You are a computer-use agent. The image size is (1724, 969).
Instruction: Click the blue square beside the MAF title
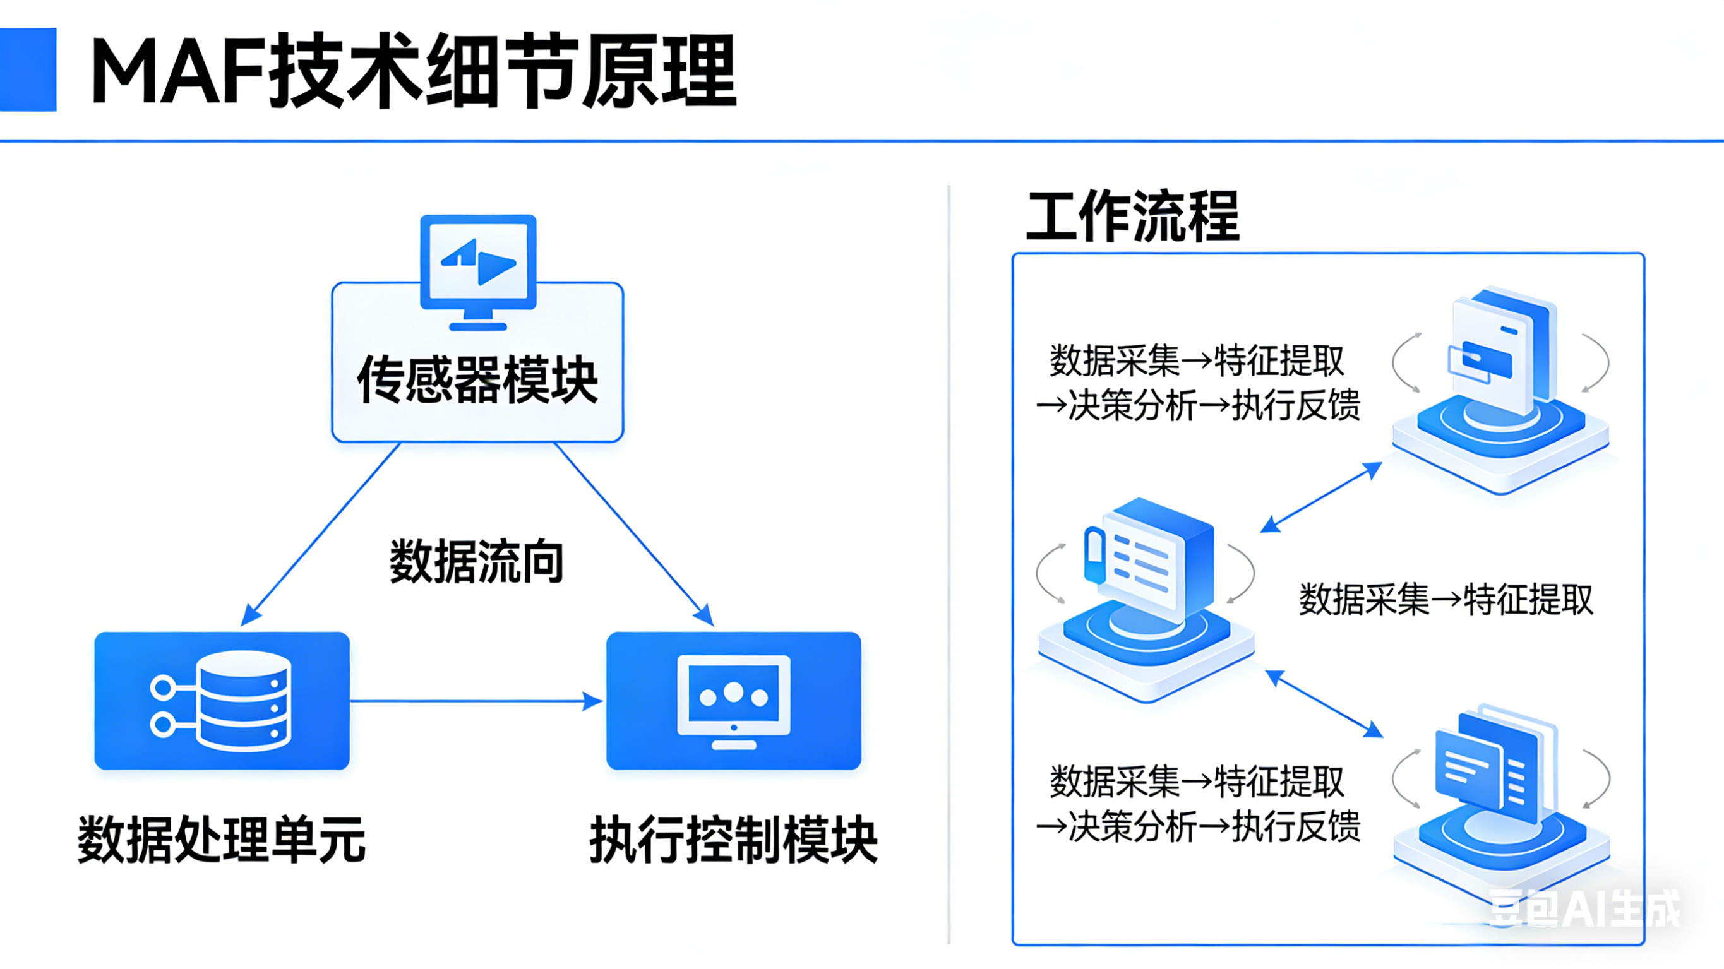pos(28,69)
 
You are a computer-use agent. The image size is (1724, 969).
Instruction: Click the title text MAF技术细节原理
pos(413,71)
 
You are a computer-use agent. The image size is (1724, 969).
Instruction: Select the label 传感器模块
pos(477,379)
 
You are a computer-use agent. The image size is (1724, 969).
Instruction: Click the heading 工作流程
pos(1132,217)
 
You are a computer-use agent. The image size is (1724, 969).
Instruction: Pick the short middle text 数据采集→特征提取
pos(1446,599)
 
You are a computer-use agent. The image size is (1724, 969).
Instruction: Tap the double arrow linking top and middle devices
pos(1321,497)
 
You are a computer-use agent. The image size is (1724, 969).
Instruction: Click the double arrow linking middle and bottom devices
pos(1324,704)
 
